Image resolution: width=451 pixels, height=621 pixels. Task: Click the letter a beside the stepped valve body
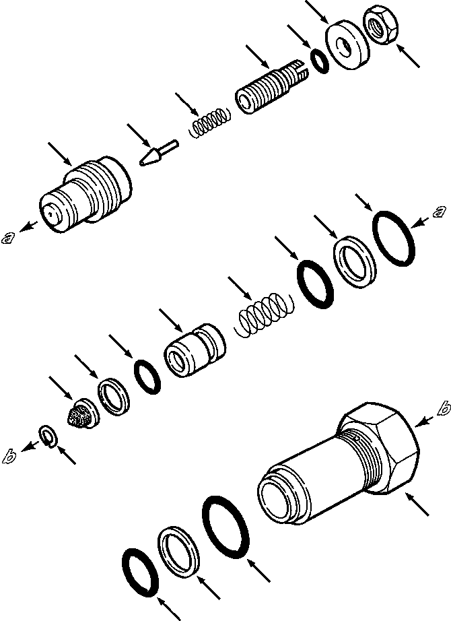9,236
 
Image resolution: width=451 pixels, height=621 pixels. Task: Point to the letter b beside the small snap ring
9,457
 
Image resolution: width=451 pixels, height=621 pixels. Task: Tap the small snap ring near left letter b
48,436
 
